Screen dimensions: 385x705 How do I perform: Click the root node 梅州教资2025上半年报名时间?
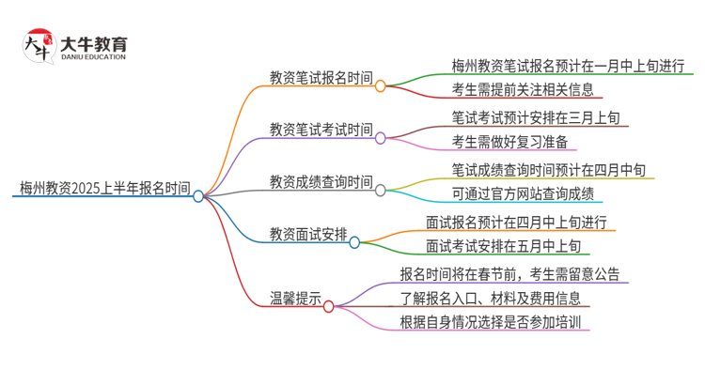[103, 189]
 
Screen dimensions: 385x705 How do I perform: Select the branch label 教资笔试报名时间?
[321, 78]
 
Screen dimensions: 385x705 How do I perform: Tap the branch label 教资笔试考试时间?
[321, 129]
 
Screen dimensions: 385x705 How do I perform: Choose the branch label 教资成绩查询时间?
[321, 181]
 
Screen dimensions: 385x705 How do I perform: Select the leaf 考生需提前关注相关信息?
[522, 91]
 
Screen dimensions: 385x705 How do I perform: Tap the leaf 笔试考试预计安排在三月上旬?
[535, 118]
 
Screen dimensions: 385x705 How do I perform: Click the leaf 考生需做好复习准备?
[509, 143]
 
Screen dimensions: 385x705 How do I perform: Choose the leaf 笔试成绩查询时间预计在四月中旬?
[548, 170]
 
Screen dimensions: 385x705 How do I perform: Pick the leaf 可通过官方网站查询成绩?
[522, 194]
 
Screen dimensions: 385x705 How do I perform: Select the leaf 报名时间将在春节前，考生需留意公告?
[509, 274]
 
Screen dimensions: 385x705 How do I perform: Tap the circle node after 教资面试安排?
[354, 242]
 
